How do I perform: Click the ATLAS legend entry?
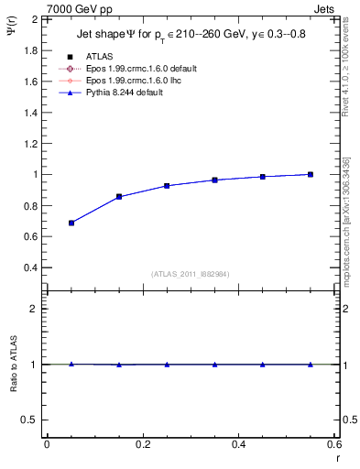100,56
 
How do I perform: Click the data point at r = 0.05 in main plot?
71,223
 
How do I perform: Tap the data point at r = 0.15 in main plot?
119,196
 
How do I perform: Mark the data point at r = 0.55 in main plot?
311,174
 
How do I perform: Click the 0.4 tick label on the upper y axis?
30,267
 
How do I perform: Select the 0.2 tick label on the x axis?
142,443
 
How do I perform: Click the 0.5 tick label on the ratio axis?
30,420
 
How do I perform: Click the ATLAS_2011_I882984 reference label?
190,274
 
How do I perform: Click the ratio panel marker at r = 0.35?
214,364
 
